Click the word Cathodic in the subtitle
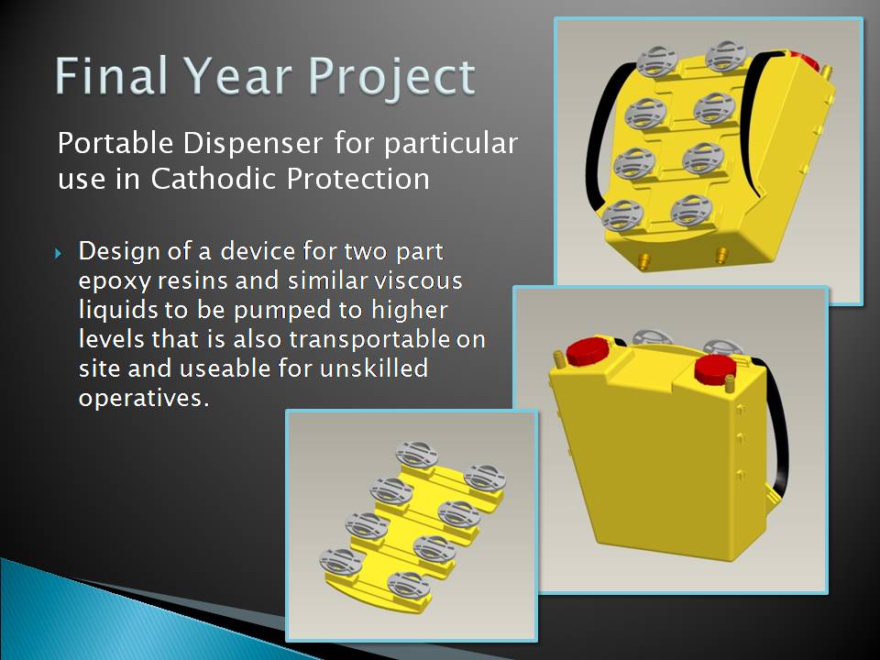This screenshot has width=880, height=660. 214,179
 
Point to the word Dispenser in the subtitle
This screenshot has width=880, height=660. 253,143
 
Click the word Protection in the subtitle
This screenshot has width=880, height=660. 358,179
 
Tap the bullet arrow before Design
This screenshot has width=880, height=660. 59,254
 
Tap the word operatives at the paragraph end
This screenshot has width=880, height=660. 143,399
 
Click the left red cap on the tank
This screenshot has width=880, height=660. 588,352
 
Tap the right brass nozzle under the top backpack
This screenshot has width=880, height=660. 721,255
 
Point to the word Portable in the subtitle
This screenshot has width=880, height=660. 115,143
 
